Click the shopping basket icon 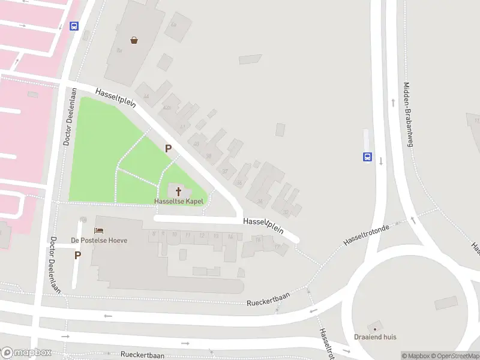pyautogui.click(x=134, y=40)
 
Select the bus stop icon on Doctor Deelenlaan pyautogui.click(x=74, y=26)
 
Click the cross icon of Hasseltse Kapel pyautogui.click(x=178, y=191)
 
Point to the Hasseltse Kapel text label pyautogui.click(x=178, y=202)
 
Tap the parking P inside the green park pyautogui.click(x=169, y=148)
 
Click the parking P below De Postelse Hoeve pyautogui.click(x=77, y=255)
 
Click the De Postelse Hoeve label pyautogui.click(x=99, y=240)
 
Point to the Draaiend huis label pyautogui.click(x=375, y=337)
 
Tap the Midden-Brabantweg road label pyautogui.click(x=409, y=114)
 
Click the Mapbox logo pyautogui.click(x=26, y=353)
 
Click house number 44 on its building pyautogui.click(x=146, y=96)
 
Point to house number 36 pyautogui.click(x=239, y=183)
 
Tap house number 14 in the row pyautogui.click(x=230, y=236)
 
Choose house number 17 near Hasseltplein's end pyautogui.click(x=277, y=246)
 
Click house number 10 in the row pyautogui.click(x=175, y=235)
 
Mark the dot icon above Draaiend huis pyautogui.click(x=375, y=329)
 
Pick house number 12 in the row pyautogui.click(x=202, y=235)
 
